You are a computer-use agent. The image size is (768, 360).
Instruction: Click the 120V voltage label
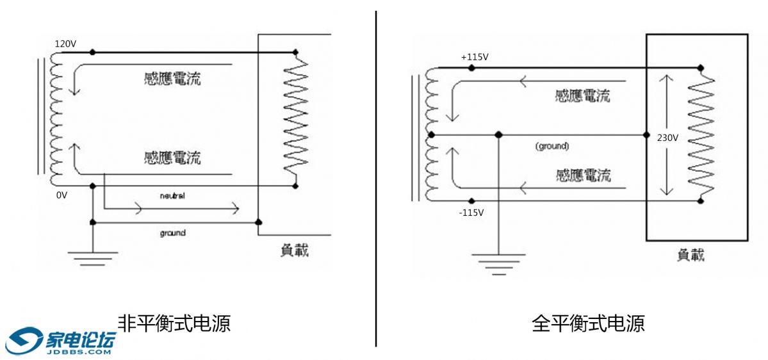[x=65, y=44]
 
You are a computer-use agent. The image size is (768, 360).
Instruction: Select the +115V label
[x=475, y=57]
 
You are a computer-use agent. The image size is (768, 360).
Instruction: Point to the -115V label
[x=471, y=212]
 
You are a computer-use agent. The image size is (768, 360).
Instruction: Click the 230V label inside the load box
[x=667, y=136]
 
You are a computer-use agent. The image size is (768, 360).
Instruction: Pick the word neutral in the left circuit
[x=172, y=195]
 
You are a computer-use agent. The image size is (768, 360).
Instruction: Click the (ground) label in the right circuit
[x=552, y=146]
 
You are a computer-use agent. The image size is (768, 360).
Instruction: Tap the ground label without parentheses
[x=172, y=233]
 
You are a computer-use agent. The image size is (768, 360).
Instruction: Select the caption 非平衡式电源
[x=174, y=322]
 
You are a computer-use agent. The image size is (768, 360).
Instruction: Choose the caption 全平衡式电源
[x=588, y=322]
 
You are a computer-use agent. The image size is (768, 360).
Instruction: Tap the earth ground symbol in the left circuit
[x=93, y=258]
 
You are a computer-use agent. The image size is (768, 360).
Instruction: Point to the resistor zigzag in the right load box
[x=701, y=135]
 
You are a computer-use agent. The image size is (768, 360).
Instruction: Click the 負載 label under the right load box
[x=690, y=255]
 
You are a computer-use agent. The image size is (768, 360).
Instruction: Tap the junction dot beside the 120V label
[x=93, y=51]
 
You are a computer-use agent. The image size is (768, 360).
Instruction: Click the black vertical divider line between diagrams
[x=376, y=179]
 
